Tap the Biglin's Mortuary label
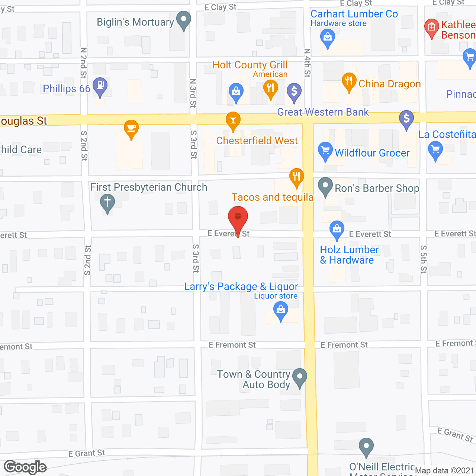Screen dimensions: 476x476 click(135, 22)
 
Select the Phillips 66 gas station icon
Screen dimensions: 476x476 click(100, 86)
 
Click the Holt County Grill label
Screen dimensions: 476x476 click(250, 65)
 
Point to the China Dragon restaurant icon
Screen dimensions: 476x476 click(349, 81)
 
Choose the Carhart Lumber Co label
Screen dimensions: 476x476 click(354, 14)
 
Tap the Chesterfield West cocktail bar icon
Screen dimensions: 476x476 click(233, 120)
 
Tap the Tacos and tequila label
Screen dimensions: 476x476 click(272, 197)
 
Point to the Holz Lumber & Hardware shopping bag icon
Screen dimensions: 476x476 click(337, 229)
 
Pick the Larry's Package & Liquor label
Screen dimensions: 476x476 click(241, 287)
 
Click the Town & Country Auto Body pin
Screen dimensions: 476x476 click(300, 377)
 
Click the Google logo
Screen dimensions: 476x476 click(25, 467)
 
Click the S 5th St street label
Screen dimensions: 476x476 click(424, 259)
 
